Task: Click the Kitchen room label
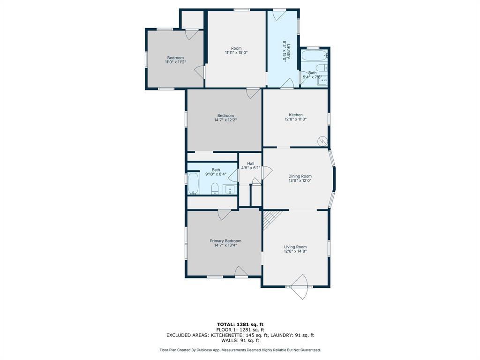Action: click(x=295, y=115)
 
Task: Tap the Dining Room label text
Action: click(x=300, y=176)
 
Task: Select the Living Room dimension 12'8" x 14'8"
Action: click(x=295, y=251)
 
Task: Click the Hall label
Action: click(x=250, y=164)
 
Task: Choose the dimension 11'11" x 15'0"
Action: click(x=236, y=53)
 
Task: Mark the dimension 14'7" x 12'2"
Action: click(x=225, y=120)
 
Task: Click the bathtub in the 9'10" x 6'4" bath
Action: click(x=193, y=183)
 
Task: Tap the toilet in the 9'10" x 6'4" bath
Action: click(x=215, y=188)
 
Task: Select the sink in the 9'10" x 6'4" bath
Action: click(x=229, y=189)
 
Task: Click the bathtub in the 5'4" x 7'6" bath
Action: click(x=314, y=56)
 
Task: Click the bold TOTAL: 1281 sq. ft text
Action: click(x=240, y=324)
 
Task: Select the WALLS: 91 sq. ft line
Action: click(x=240, y=341)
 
